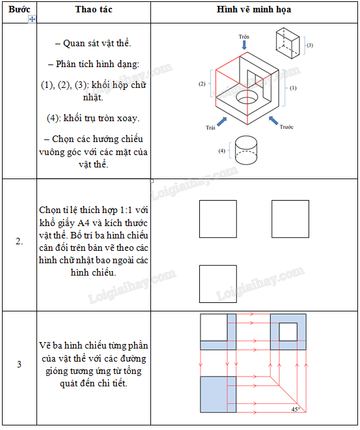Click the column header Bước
click(19, 9)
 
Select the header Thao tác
click(94, 9)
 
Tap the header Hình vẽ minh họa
click(254, 9)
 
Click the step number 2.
click(19, 241)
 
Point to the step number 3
click(19, 364)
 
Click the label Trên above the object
click(244, 36)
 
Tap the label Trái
click(210, 128)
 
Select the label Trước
click(286, 126)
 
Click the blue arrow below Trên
click(244, 45)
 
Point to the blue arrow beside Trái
click(222, 121)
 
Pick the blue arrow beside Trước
click(273, 121)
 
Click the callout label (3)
click(310, 45)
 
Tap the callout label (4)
click(221, 150)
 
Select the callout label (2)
click(202, 84)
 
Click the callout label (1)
click(293, 88)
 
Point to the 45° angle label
click(296, 409)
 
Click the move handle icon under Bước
click(32, 19)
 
